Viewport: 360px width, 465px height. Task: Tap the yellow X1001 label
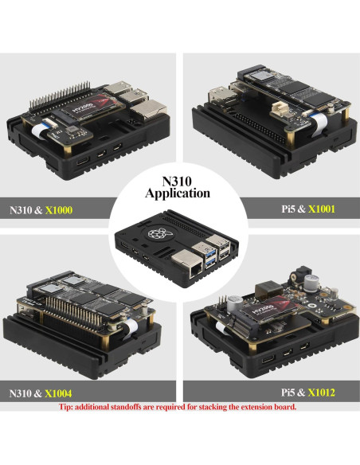tap(319, 211)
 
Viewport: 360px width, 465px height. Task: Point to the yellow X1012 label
tap(319, 393)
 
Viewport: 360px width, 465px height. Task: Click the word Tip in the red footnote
tap(68, 407)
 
